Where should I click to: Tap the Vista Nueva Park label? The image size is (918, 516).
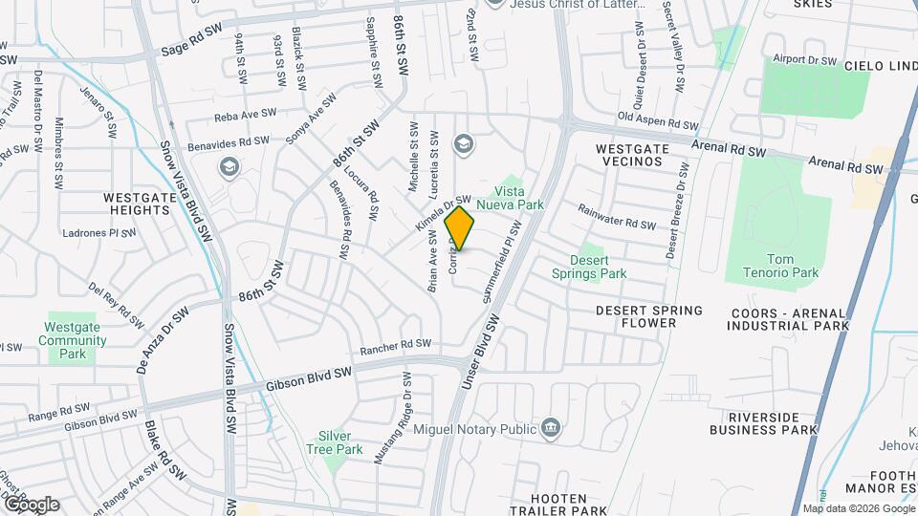tap(532, 198)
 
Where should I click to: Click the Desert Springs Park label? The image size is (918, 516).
tap(588, 266)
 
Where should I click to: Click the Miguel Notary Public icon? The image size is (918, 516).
tap(550, 427)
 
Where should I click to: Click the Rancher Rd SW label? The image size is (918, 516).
tap(396, 345)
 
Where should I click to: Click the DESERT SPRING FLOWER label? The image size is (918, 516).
tap(648, 316)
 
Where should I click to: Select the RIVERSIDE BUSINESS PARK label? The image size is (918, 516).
tap(763, 423)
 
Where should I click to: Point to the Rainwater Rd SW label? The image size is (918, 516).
tap(617, 216)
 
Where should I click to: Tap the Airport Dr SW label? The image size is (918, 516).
tap(804, 59)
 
